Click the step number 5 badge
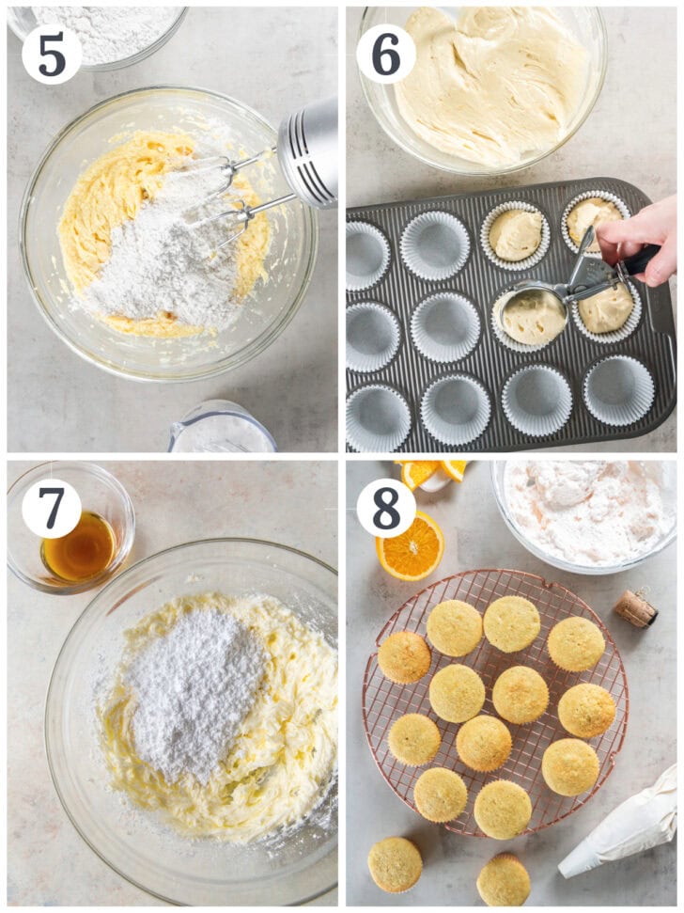coord(52,54)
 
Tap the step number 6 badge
coord(385,54)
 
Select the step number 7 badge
coord(52,509)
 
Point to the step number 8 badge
coord(385,509)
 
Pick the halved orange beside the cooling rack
coord(411,546)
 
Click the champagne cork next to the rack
coord(636,608)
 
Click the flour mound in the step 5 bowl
coord(164,254)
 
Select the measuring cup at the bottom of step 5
coord(222,431)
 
